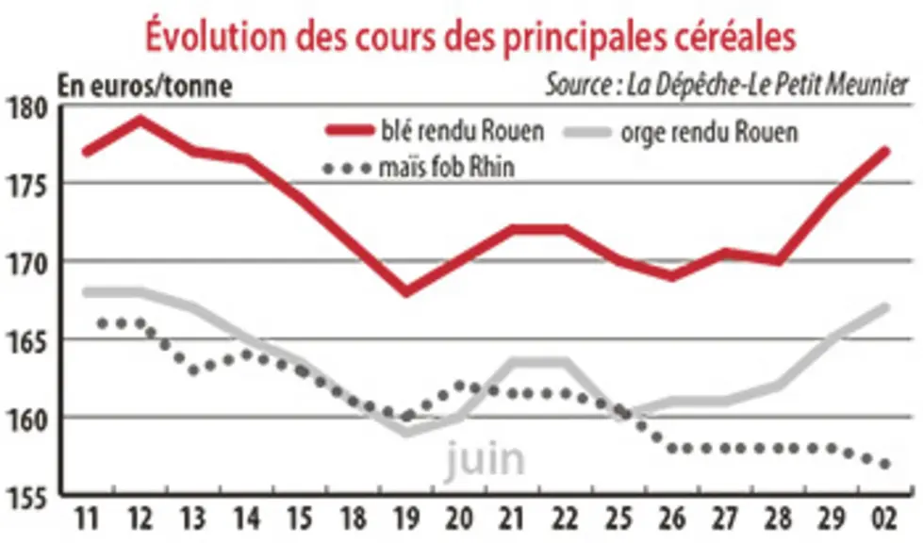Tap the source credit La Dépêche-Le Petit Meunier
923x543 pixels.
727,85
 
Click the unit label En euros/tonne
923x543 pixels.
145,87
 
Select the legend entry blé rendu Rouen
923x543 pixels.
435,131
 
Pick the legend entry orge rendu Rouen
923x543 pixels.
681,132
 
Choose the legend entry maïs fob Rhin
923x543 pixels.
420,167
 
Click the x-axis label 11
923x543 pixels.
87,518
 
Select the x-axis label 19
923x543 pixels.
406,518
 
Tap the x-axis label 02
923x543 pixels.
883,518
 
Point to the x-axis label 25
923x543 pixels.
618,518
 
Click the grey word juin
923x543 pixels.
484,459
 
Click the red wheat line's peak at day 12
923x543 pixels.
140,120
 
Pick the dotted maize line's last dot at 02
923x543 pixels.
884,464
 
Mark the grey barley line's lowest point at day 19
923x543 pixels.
406,433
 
